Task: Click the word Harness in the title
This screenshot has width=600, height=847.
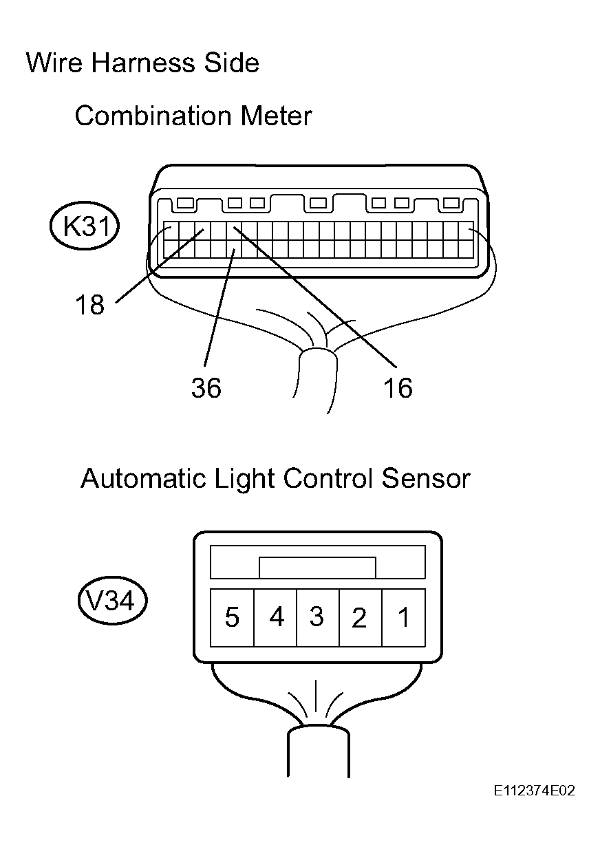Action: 143,63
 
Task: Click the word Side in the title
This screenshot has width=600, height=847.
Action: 232,63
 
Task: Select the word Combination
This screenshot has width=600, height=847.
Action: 153,116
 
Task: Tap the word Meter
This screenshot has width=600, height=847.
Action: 277,116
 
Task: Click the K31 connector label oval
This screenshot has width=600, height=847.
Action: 85,226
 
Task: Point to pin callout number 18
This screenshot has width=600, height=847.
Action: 89,305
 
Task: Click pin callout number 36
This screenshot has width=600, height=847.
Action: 206,387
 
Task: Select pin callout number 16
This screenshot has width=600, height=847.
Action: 398,387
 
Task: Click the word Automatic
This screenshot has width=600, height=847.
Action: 144,478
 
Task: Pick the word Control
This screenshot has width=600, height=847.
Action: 328,478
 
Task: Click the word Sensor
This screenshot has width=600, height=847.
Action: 426,478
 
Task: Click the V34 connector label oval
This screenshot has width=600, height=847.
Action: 112,600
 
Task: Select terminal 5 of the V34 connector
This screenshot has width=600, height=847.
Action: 232,617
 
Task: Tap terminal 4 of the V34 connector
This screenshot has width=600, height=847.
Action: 275,617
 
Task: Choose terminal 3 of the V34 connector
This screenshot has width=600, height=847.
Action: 318,617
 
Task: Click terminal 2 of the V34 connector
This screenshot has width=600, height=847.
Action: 361,617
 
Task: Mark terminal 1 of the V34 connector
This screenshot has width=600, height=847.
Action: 404,617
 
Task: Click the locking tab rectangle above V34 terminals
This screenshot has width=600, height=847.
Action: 318,568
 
